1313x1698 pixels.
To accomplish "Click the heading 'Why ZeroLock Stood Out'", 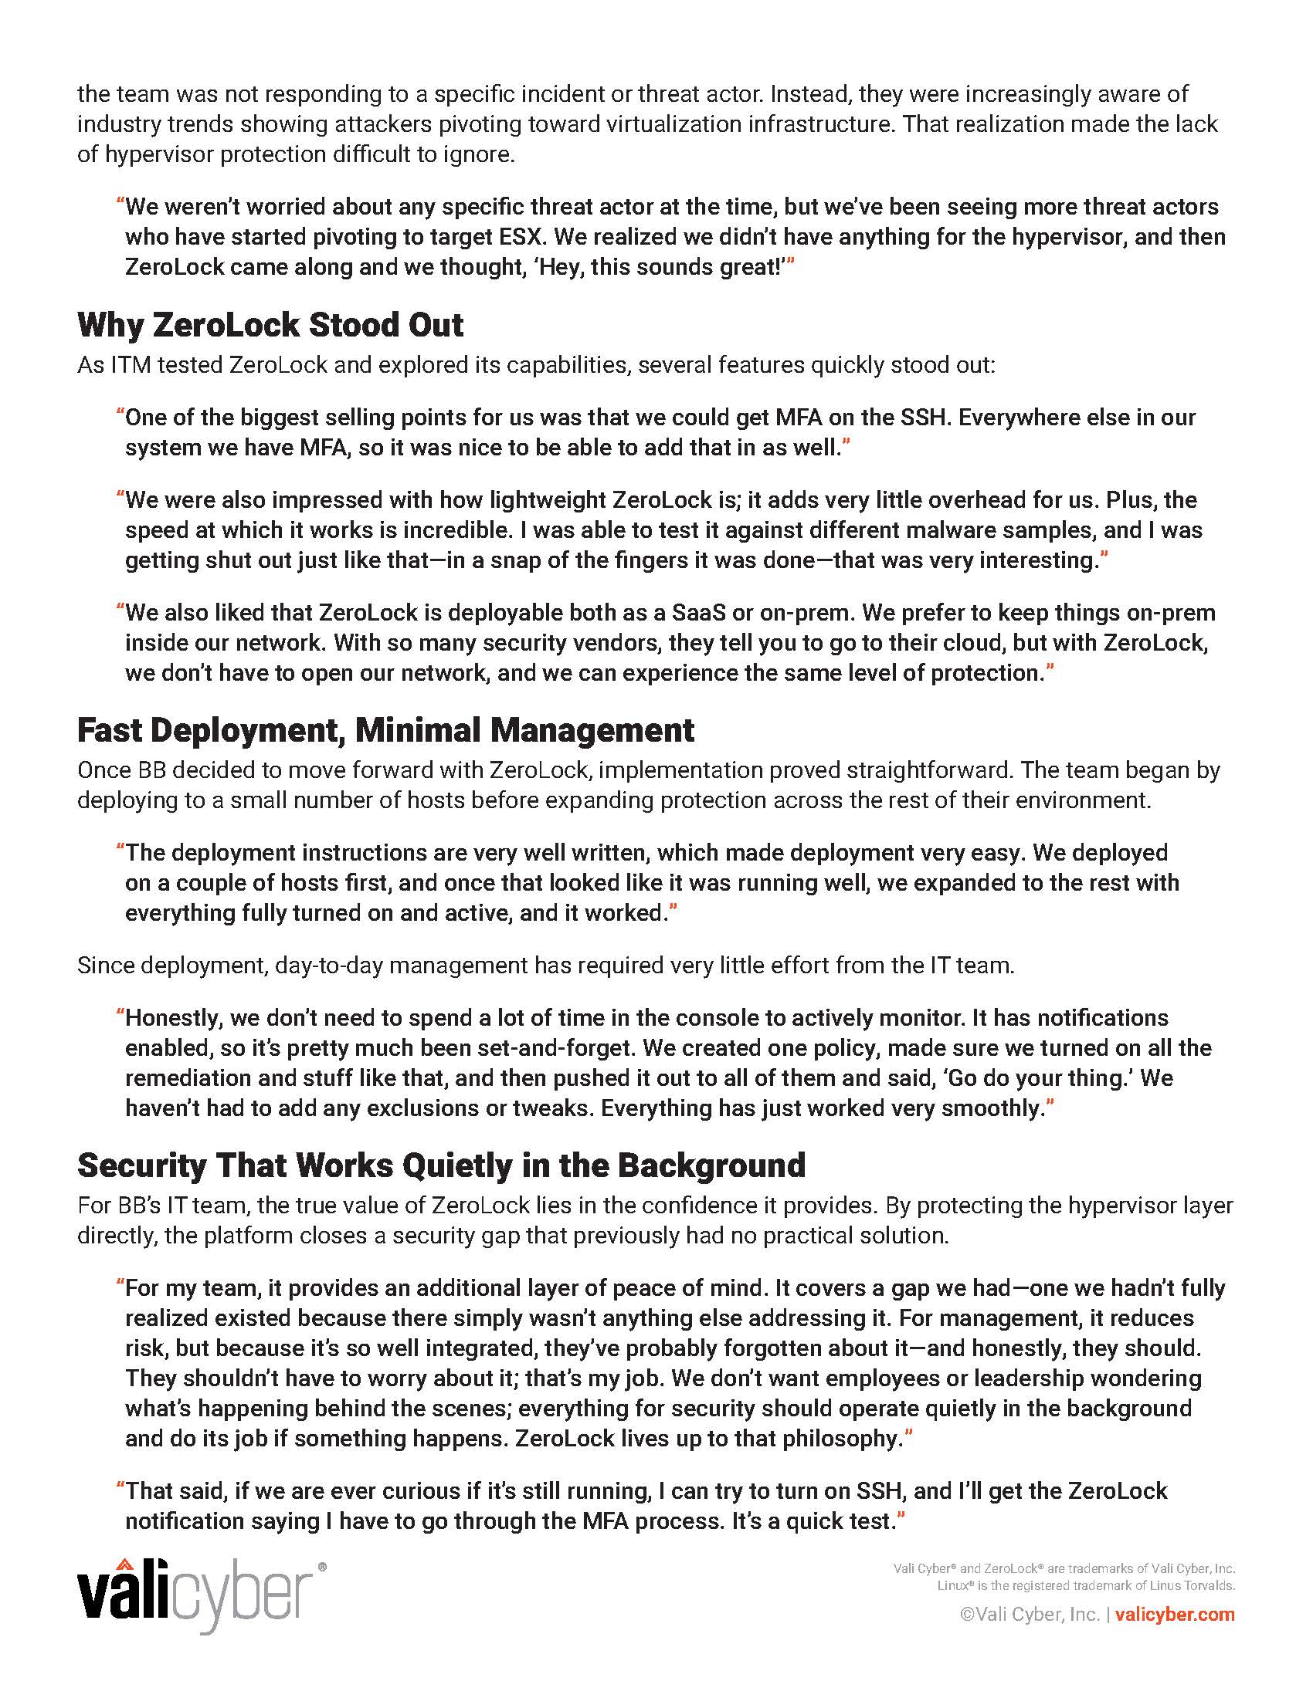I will click(270, 325).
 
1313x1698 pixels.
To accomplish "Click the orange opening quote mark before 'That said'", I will click(120, 1490).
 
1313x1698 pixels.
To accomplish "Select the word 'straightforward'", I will click(926, 770).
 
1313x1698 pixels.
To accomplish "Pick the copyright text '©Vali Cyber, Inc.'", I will click(1030, 1615).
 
